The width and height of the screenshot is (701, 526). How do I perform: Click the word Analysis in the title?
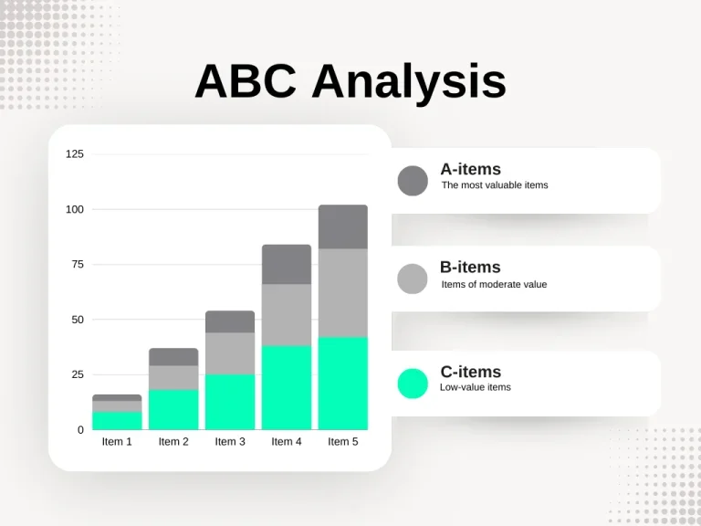click(x=409, y=81)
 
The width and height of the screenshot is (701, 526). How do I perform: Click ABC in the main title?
click(x=246, y=81)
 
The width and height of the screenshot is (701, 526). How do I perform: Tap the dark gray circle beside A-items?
click(x=413, y=181)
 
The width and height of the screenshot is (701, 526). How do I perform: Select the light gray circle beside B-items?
click(x=413, y=279)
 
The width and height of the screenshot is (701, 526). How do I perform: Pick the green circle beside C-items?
click(x=413, y=384)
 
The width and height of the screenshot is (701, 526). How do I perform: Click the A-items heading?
click(x=470, y=169)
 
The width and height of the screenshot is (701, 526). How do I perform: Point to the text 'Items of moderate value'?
click(x=494, y=284)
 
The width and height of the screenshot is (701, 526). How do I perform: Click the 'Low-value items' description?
click(x=475, y=387)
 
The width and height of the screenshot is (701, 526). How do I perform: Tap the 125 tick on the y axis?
click(x=75, y=153)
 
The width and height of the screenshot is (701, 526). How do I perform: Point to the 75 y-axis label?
click(x=78, y=264)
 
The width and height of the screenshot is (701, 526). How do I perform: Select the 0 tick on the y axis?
click(x=80, y=429)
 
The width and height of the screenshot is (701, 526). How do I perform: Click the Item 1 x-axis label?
click(x=117, y=442)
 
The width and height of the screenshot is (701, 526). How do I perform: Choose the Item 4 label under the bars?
click(x=287, y=442)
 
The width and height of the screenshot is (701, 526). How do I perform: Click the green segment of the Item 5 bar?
click(x=343, y=384)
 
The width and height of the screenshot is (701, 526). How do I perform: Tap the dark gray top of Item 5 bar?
click(x=343, y=226)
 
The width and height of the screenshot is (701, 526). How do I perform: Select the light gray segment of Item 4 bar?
click(x=287, y=314)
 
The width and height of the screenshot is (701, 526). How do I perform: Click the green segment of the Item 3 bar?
click(x=230, y=402)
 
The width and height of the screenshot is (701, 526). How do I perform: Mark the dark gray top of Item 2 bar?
click(x=173, y=356)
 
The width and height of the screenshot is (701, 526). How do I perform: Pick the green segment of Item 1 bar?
click(x=117, y=420)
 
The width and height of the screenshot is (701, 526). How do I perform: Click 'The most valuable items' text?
click(x=495, y=185)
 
